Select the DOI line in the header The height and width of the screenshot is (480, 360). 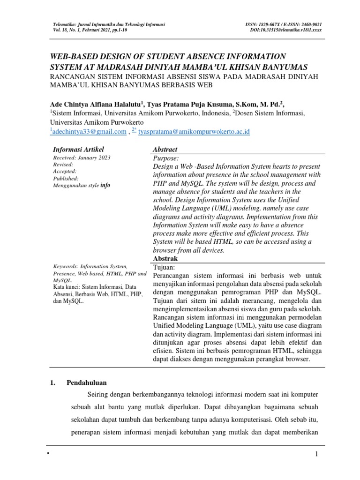tap(286, 30)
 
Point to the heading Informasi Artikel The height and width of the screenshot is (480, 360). tap(75, 149)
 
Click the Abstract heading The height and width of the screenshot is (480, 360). tap(165, 149)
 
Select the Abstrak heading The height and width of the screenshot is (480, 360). tap(165, 258)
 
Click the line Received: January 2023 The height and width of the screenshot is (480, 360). tap(82, 157)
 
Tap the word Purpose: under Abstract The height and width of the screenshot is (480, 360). tap(165, 158)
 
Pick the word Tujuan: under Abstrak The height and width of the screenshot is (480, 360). tap(164, 267)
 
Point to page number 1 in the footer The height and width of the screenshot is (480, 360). tap(317, 455)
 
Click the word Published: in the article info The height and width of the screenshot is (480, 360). tap(66, 178)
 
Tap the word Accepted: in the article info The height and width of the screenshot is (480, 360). tap(66, 171)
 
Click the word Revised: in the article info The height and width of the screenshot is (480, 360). tap(64, 165)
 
